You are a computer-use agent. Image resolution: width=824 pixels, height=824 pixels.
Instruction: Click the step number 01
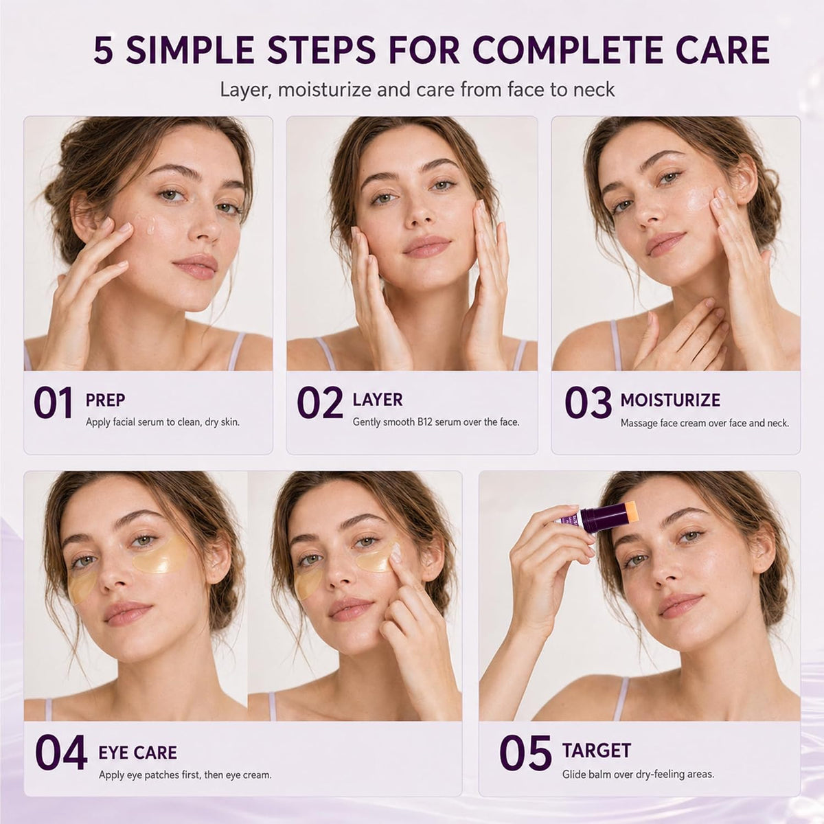click(x=53, y=402)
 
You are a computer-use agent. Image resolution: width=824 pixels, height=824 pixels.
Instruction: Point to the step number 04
click(x=61, y=751)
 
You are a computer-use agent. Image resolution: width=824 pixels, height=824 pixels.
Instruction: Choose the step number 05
click(x=525, y=751)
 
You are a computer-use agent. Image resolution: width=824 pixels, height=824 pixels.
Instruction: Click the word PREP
click(x=105, y=400)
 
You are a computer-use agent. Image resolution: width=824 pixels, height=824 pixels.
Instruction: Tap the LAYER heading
click(x=378, y=400)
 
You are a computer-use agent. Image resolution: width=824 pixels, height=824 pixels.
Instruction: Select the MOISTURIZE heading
click(x=670, y=400)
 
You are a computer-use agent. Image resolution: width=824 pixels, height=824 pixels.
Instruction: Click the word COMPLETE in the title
click(x=566, y=50)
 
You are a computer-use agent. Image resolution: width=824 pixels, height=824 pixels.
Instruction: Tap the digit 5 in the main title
click(x=104, y=51)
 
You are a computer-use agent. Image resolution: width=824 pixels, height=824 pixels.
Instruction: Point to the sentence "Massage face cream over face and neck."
click(x=705, y=423)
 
